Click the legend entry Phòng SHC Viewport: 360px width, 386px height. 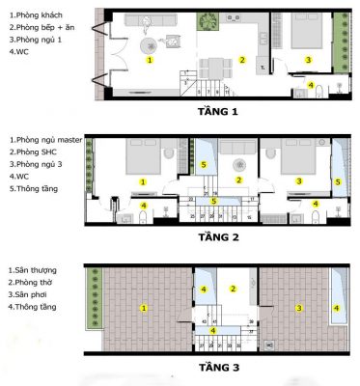point(33,153)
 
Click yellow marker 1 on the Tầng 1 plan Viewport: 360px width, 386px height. point(150,59)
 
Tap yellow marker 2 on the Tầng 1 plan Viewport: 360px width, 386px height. point(242,59)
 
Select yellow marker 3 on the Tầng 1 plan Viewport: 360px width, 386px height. point(308,60)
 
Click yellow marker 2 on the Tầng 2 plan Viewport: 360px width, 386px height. point(238,180)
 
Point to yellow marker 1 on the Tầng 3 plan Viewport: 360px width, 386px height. point(144,309)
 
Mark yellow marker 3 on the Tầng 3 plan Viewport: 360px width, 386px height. point(300,309)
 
